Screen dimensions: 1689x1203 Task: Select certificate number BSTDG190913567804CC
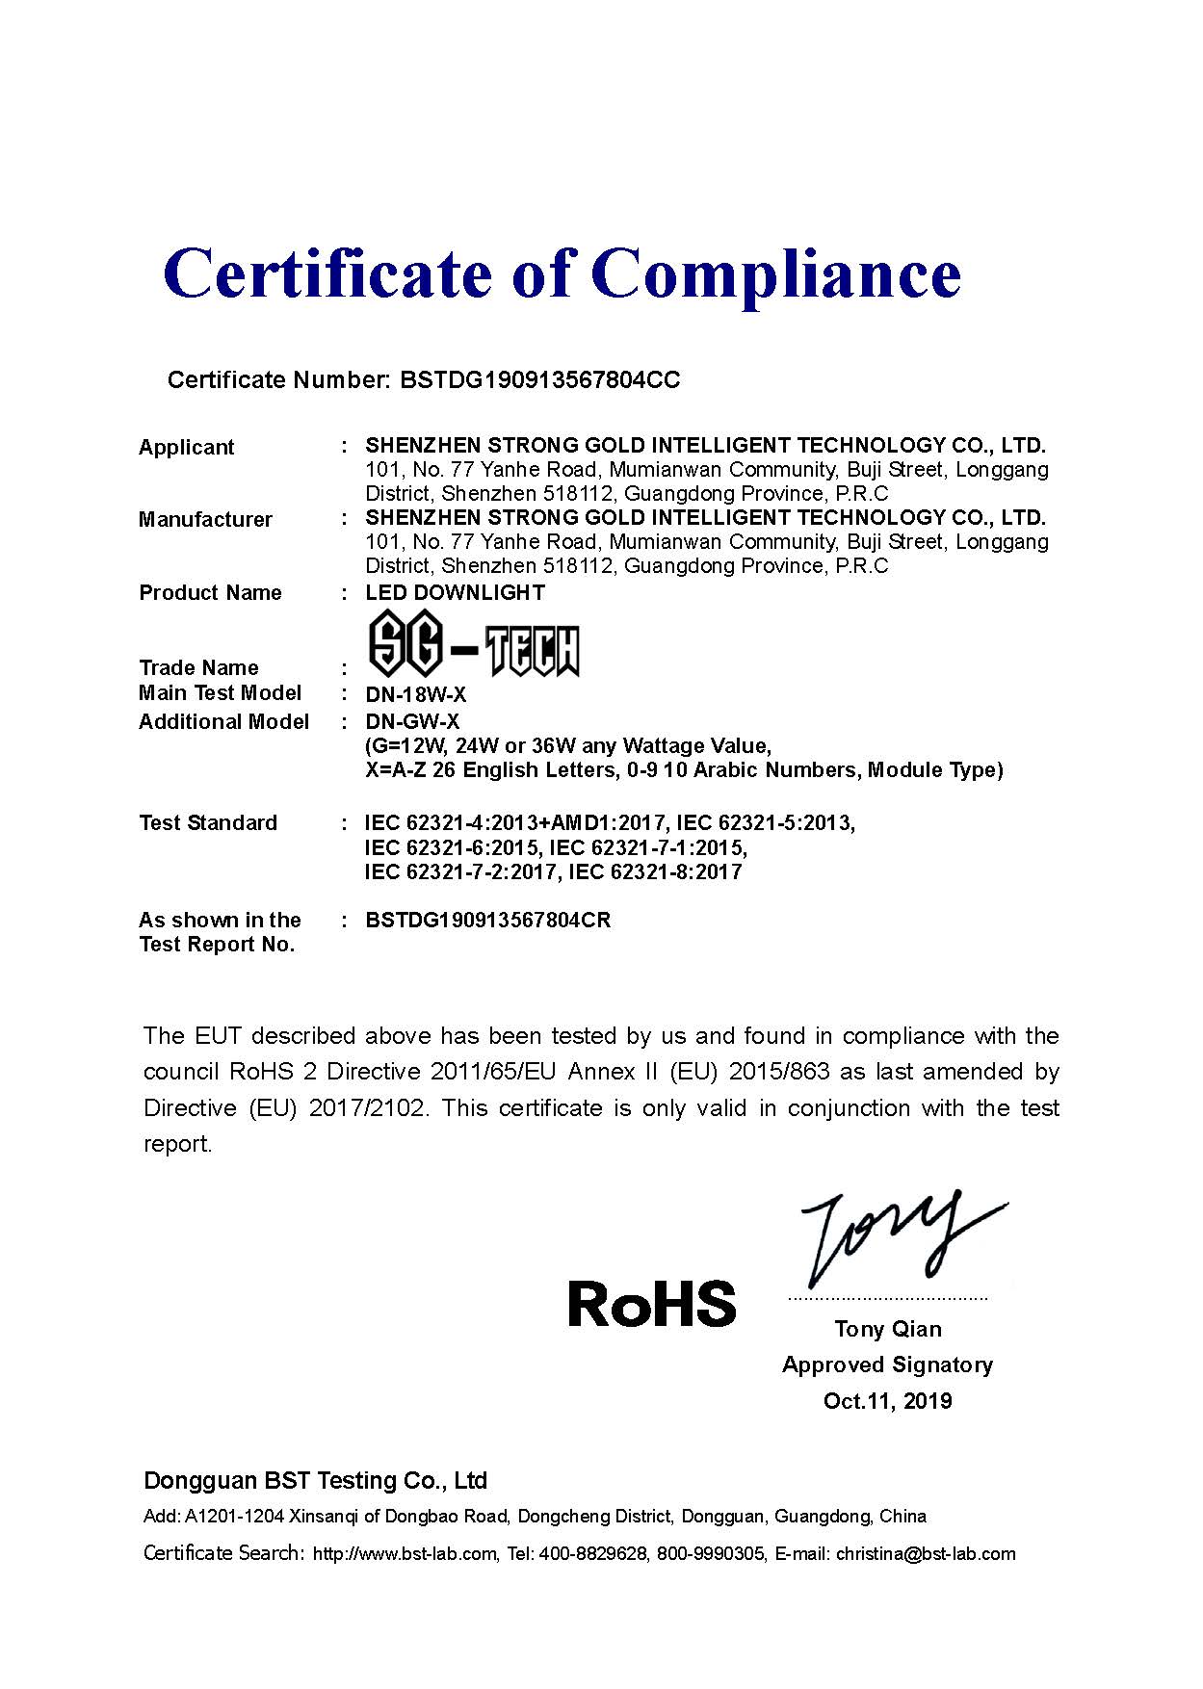pyautogui.click(x=539, y=380)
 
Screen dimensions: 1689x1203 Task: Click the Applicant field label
pyautogui.click(x=186, y=447)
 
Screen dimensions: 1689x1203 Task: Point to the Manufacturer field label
pyautogui.click(x=205, y=520)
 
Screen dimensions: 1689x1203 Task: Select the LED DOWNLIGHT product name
pyautogui.click(x=455, y=593)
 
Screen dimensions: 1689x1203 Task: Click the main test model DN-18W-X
pyautogui.click(x=415, y=694)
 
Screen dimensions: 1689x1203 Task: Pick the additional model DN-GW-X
pyautogui.click(x=412, y=722)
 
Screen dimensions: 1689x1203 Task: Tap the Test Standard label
pyautogui.click(x=207, y=823)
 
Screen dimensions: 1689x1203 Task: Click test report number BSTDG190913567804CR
pyautogui.click(x=487, y=921)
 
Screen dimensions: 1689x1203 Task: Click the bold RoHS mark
pyautogui.click(x=652, y=1304)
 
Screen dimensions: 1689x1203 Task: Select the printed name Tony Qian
pyautogui.click(x=887, y=1330)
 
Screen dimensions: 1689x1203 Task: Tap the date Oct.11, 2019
pyautogui.click(x=887, y=1401)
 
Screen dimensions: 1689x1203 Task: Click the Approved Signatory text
pyautogui.click(x=887, y=1365)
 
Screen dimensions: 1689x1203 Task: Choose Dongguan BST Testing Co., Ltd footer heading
pyautogui.click(x=315, y=1481)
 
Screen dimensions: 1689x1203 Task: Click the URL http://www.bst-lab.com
pyautogui.click(x=405, y=1553)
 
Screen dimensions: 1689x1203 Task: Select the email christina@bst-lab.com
pyautogui.click(x=926, y=1553)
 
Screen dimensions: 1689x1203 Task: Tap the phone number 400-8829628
pyautogui.click(x=592, y=1553)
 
